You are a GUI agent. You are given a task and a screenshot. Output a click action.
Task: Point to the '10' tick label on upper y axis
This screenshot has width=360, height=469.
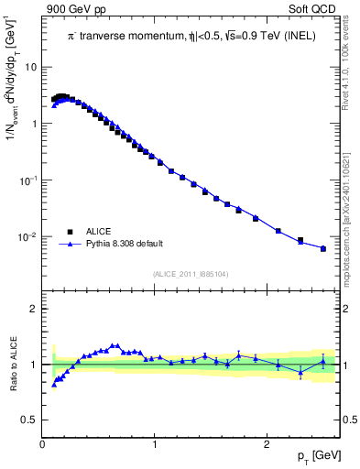[x=31, y=67]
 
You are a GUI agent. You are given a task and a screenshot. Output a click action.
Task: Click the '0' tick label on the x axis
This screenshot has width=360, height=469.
[x=43, y=444]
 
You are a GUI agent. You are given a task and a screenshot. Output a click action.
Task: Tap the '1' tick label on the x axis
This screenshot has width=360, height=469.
[x=155, y=444]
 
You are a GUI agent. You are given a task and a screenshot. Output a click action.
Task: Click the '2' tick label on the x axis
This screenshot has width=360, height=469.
[x=267, y=444]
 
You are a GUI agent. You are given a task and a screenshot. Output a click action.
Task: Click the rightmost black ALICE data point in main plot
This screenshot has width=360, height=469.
[x=322, y=248]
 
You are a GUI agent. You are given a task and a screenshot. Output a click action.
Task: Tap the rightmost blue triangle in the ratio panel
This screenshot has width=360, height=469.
[x=322, y=361]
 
